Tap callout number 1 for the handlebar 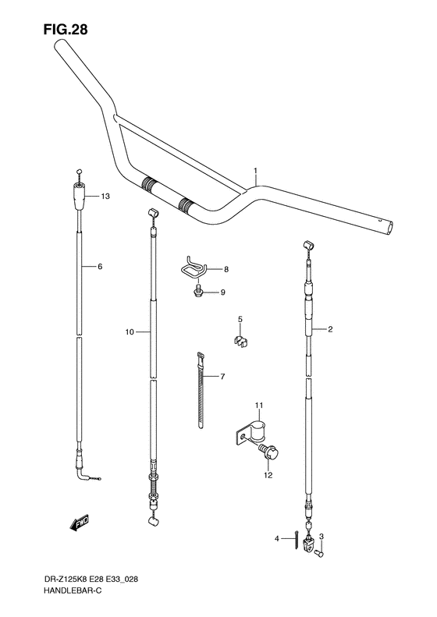254,170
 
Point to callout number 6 100,267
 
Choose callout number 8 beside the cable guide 226,269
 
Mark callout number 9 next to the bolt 222,293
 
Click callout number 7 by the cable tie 222,378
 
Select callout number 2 330,329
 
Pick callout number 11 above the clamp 259,405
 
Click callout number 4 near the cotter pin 276,538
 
